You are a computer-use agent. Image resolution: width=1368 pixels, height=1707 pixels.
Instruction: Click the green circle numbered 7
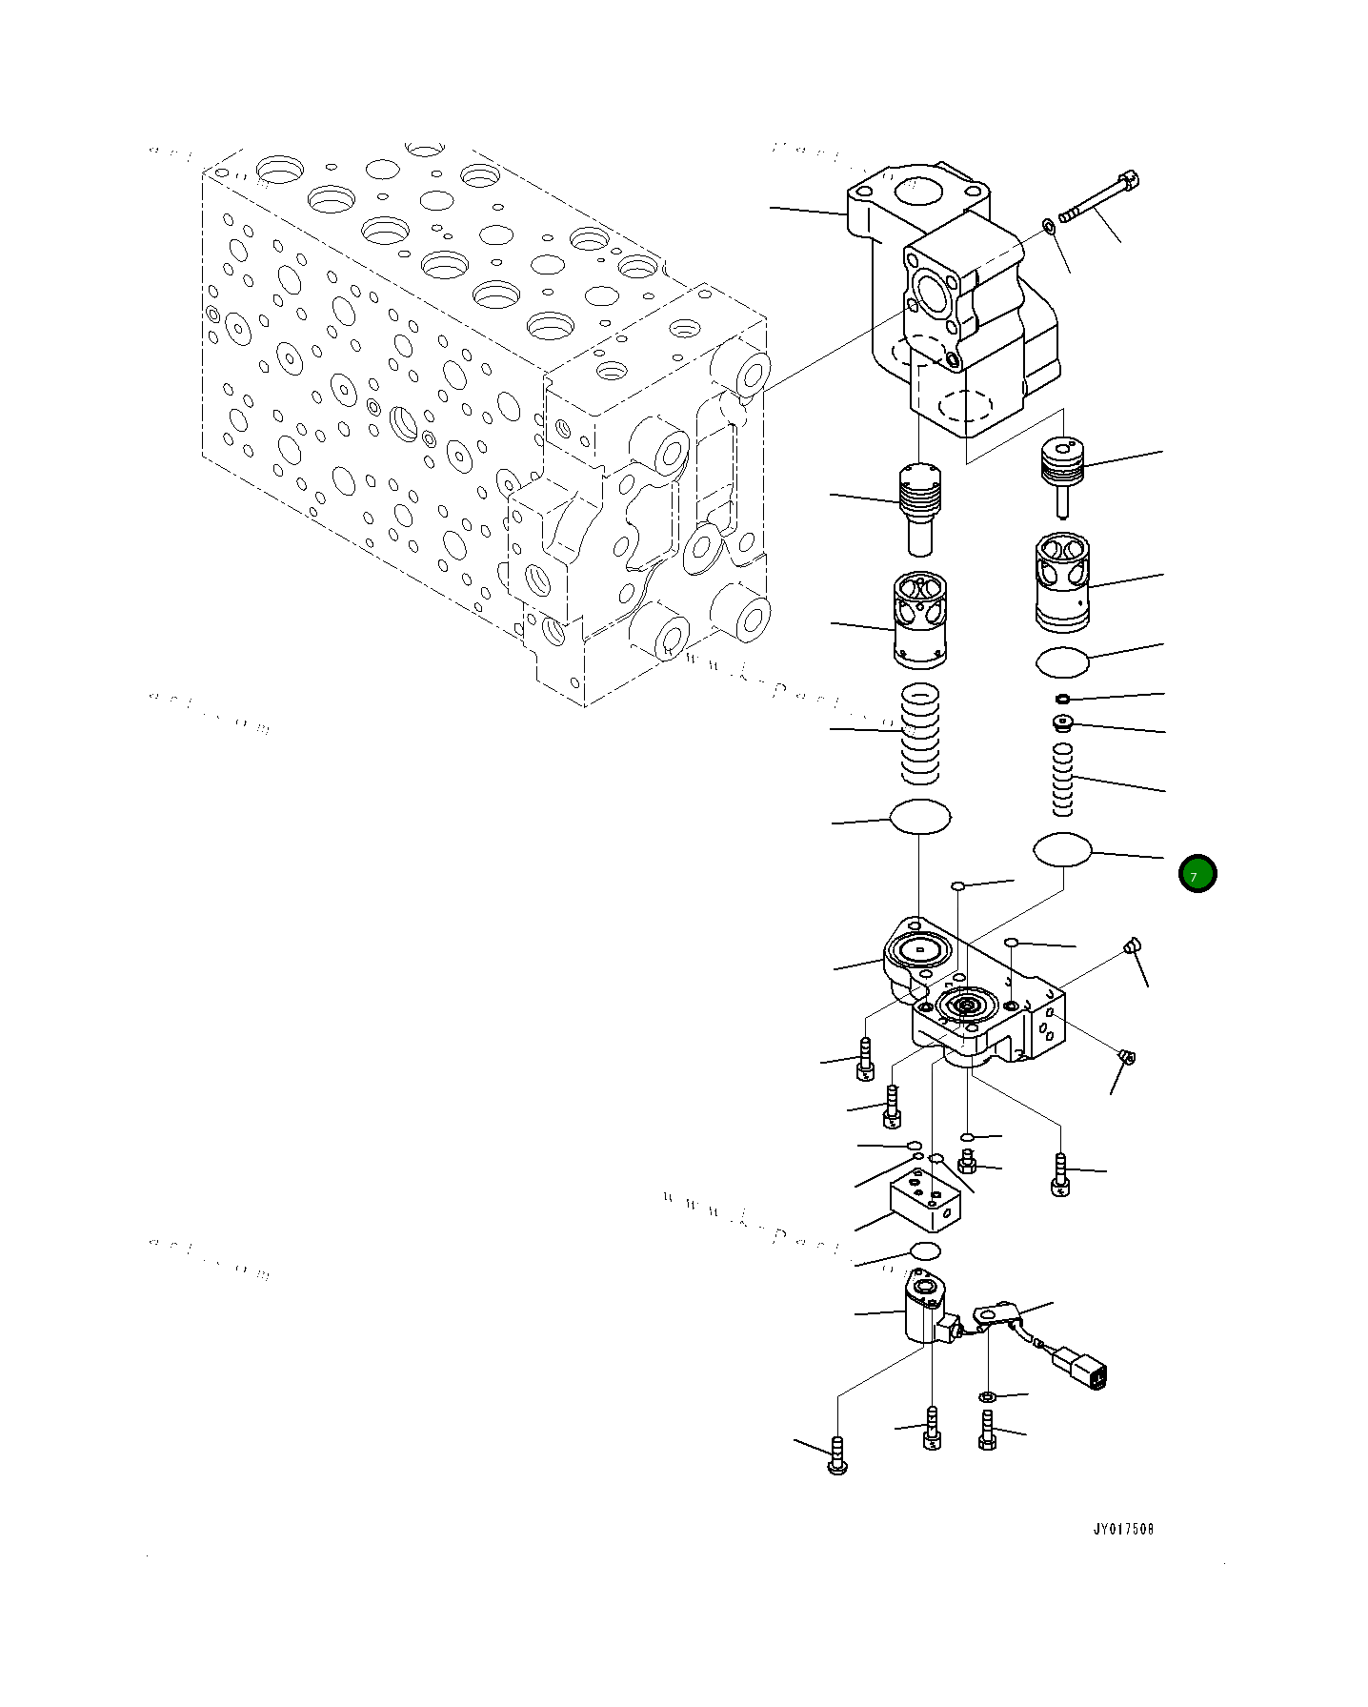click(1197, 873)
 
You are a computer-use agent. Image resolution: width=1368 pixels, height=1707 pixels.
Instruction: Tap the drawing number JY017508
click(1122, 1529)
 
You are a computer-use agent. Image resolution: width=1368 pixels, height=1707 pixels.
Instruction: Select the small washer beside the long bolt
click(1048, 226)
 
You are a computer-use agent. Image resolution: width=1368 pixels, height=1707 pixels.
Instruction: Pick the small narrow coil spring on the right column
click(1062, 779)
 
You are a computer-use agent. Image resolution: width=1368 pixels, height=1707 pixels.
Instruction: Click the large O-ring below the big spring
click(919, 817)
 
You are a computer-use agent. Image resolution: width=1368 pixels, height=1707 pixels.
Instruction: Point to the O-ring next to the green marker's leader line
click(1062, 849)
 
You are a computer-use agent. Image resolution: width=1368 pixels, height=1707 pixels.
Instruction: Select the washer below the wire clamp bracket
click(988, 1396)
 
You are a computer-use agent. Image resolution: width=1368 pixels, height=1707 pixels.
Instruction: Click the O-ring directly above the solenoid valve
click(925, 1250)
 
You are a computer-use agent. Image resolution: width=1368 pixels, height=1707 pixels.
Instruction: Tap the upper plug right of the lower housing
click(1132, 945)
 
